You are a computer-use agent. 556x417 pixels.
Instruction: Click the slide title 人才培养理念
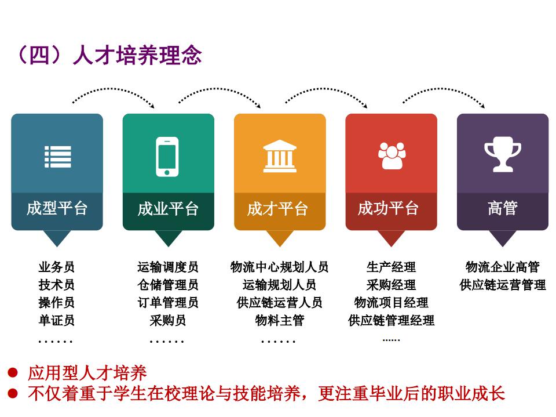point(137,55)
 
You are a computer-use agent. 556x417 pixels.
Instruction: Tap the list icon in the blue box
point(57,157)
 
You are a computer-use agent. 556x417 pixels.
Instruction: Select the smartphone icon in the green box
point(167,157)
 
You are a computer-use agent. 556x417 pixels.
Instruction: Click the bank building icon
point(280,156)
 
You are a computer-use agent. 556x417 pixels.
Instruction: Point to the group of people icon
point(392,155)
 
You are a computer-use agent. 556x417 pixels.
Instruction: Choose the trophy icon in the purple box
point(503,154)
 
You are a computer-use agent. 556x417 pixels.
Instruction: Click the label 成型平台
point(57,208)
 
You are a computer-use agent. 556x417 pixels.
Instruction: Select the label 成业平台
point(168,209)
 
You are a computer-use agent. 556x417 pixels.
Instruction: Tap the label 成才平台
point(277,209)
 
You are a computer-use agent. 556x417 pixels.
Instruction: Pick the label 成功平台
point(388,208)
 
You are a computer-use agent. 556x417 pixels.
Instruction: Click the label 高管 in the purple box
point(503,208)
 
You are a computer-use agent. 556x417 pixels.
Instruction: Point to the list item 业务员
point(56,267)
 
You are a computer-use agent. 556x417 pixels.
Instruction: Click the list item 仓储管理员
point(168,285)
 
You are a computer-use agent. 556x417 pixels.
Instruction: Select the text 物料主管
point(280,320)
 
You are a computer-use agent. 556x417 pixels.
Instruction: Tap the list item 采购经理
point(391,285)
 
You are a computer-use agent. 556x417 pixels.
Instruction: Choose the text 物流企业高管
point(503,267)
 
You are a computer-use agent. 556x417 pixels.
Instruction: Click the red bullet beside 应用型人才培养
point(13,372)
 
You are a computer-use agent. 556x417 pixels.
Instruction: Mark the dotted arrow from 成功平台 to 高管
point(443,89)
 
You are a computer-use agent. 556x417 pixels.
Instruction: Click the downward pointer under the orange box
point(280,238)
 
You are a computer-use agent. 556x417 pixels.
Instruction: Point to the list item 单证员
point(56,320)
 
